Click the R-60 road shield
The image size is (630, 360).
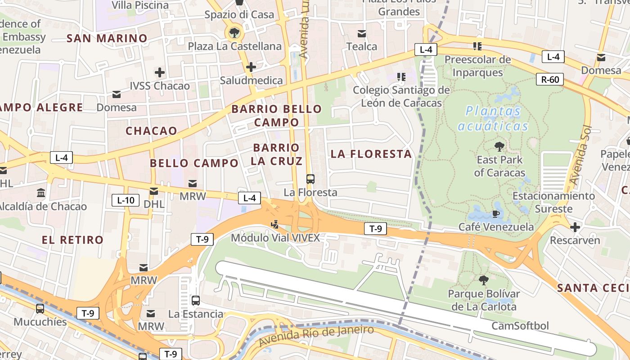point(550,80)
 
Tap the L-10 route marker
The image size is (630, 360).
point(126,200)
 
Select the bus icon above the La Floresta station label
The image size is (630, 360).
point(310,179)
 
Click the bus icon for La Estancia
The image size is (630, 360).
point(196,300)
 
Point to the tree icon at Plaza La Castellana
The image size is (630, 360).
point(234,32)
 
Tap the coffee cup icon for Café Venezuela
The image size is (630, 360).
point(496,213)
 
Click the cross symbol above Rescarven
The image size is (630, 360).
point(575,227)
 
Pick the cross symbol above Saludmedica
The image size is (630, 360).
point(251,67)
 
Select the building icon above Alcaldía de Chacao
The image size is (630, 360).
point(41,193)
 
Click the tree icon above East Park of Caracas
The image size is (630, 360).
point(499,146)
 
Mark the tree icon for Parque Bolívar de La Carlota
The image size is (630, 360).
point(484,280)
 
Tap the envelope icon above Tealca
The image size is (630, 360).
point(362,33)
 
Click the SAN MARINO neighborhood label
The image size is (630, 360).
point(107,38)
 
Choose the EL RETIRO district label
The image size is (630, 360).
point(73,240)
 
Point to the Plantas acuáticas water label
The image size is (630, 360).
point(493,118)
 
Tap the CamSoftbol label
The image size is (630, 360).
point(520,325)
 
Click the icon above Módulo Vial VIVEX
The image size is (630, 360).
point(275,224)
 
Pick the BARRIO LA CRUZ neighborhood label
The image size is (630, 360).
point(276,154)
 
